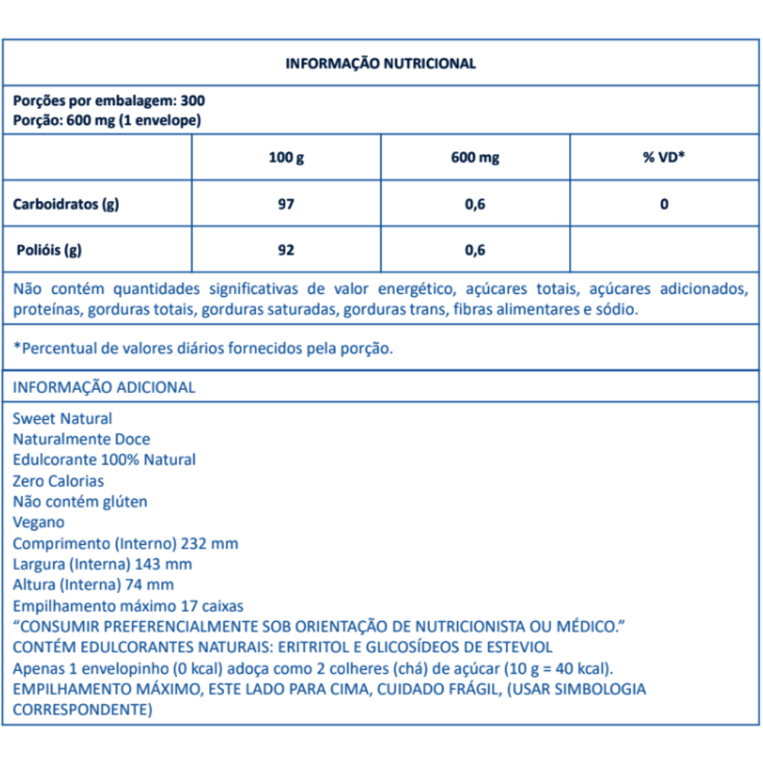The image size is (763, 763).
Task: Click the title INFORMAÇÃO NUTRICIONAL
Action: click(x=381, y=63)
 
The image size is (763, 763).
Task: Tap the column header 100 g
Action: click(x=286, y=158)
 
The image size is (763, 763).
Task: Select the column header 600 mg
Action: click(x=475, y=158)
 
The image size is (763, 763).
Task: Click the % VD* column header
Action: click(x=664, y=158)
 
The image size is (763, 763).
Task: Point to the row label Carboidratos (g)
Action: click(x=66, y=204)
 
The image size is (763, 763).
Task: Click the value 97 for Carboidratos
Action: click(x=286, y=204)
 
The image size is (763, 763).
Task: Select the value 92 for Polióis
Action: click(x=286, y=250)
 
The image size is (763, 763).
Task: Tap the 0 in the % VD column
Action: click(x=665, y=204)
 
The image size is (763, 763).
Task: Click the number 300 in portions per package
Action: click(x=193, y=101)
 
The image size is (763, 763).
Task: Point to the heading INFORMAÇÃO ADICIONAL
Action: click(x=105, y=387)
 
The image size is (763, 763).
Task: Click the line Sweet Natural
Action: click(x=63, y=418)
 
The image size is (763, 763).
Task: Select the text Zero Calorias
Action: click(x=59, y=481)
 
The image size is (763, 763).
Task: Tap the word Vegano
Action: click(x=39, y=523)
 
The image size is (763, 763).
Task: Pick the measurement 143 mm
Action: click(x=163, y=564)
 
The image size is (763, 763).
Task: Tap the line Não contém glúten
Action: click(x=80, y=501)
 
